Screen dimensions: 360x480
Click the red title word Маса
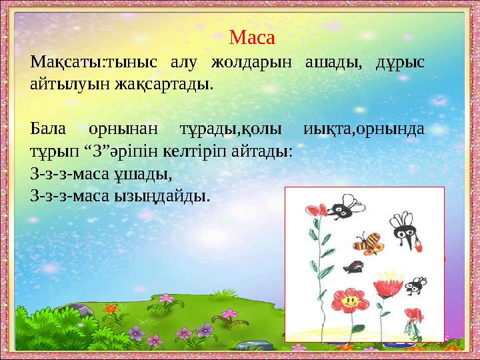point(251,37)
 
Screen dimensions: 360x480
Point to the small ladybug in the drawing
point(353,268)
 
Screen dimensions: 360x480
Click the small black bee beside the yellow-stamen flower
point(417,285)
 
